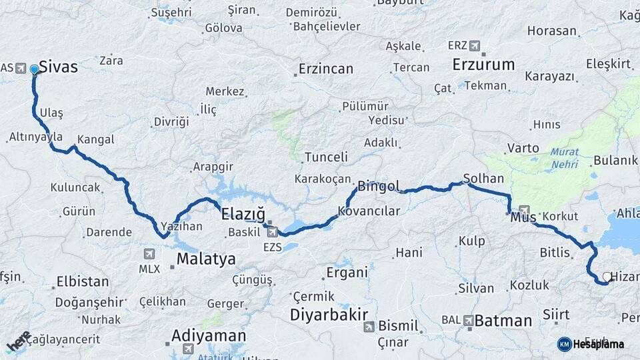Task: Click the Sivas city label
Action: [59, 67]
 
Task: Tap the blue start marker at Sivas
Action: [34, 69]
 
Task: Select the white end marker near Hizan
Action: [607, 277]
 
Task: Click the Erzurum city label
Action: [483, 65]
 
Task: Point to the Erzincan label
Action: [325, 69]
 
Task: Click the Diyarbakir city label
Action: [329, 313]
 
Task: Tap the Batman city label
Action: [503, 321]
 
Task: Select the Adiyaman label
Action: [209, 335]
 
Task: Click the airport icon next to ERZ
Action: [474, 46]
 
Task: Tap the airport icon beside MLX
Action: [149, 254]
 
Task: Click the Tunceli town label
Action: [326, 157]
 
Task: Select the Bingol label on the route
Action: [379, 186]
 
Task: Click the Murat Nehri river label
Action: [564, 157]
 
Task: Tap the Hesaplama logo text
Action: [599, 344]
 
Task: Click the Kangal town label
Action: [96, 139]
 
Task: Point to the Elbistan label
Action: [83, 281]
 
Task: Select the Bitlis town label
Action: [555, 253]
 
